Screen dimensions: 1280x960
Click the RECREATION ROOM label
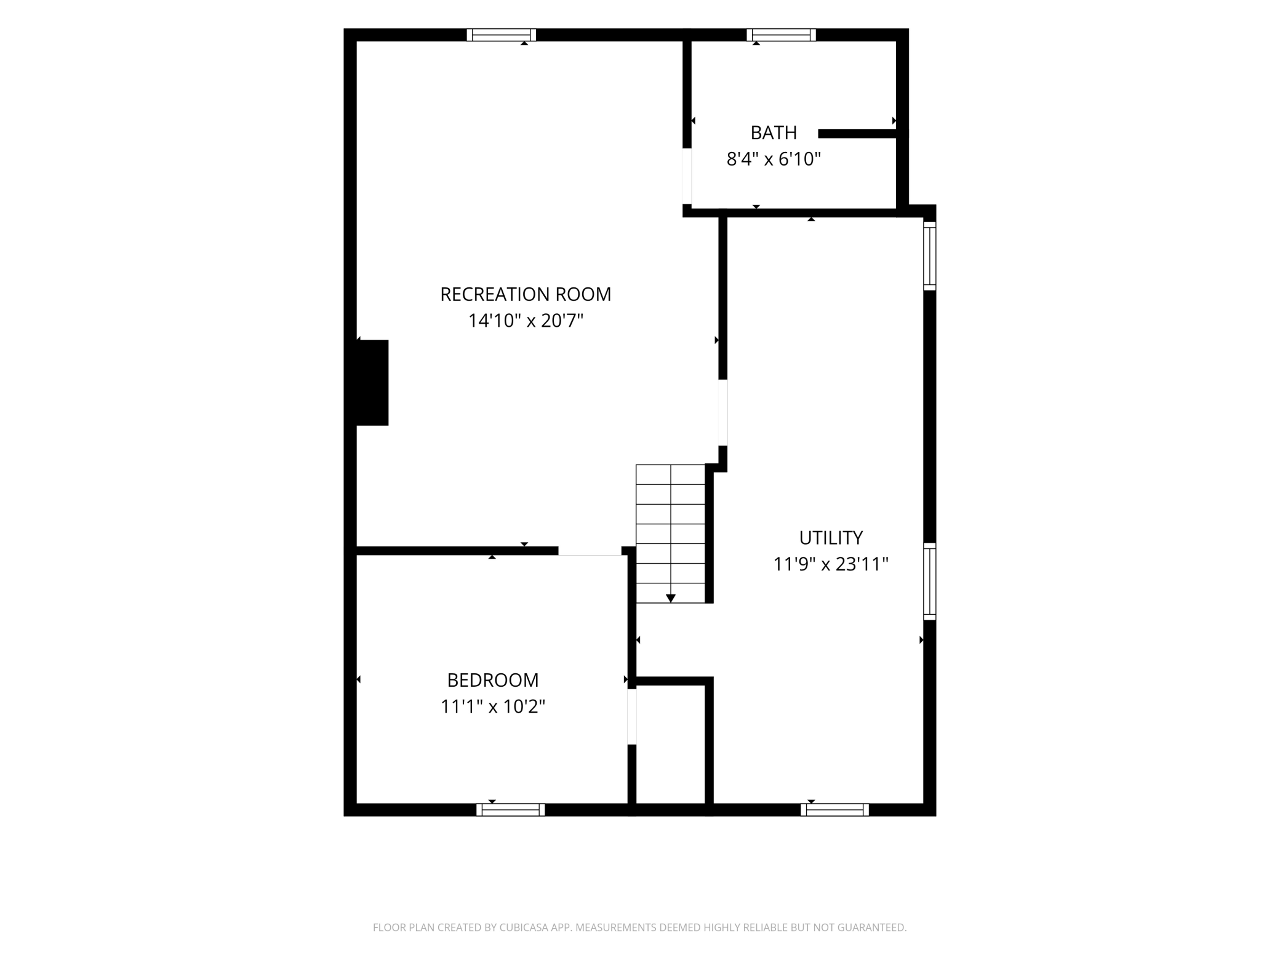tap(526, 294)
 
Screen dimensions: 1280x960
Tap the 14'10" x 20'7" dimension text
tap(526, 321)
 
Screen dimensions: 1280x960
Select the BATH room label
tap(774, 132)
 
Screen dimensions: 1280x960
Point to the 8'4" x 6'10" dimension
tap(774, 159)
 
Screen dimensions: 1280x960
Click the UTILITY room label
tap(831, 538)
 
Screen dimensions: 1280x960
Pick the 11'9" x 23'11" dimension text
tap(831, 564)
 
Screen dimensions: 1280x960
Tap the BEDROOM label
tap(493, 680)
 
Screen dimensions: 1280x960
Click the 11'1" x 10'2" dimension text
tap(493, 706)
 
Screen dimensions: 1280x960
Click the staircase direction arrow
tap(671, 598)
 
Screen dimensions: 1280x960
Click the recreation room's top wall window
tap(501, 34)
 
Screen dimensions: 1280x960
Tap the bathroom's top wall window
tap(782, 34)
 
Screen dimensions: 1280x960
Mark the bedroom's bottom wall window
tap(511, 810)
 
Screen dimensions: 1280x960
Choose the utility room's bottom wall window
tap(835, 810)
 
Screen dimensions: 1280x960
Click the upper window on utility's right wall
tap(930, 256)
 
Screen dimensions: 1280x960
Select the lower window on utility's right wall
tap(930, 582)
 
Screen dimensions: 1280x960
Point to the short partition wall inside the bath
tap(857, 134)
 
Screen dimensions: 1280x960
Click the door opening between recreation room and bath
tap(687, 176)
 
